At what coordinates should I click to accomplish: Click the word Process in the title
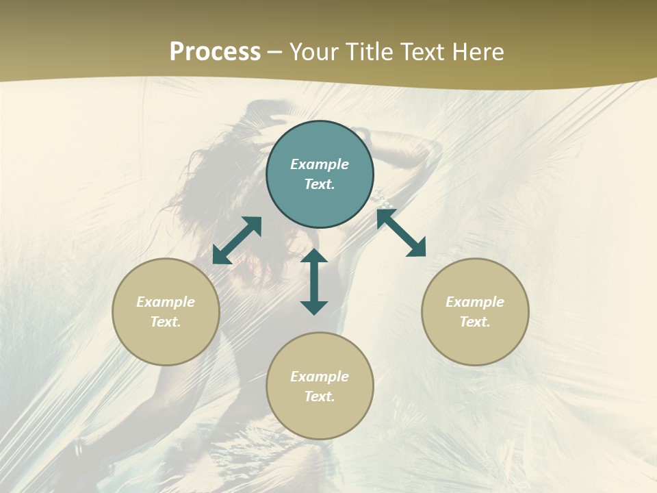(x=215, y=52)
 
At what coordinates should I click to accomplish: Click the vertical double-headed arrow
(x=314, y=281)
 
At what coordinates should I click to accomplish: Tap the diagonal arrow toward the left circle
(x=237, y=240)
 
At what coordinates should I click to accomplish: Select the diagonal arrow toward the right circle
(x=401, y=233)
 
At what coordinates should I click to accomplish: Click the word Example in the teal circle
(x=320, y=164)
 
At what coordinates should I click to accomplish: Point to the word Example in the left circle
(x=166, y=302)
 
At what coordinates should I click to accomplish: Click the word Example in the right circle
(x=475, y=302)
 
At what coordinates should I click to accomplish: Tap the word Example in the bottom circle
(x=320, y=377)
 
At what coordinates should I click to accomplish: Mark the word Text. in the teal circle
(x=320, y=184)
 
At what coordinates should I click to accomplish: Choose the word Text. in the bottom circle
(x=320, y=396)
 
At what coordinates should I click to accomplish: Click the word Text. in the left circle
(x=166, y=322)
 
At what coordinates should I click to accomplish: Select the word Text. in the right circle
(x=475, y=322)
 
